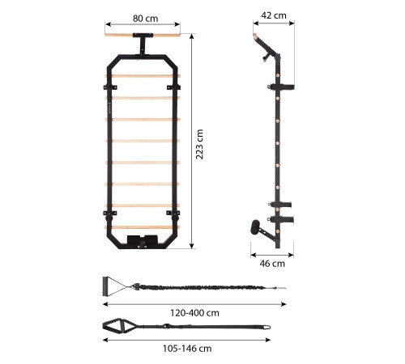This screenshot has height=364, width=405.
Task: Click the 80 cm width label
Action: pos(145,19)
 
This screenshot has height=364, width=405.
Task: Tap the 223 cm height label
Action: pos(199,144)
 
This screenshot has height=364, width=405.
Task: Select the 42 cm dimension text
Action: pos(274,15)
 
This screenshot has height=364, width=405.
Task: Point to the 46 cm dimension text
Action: pos(272,264)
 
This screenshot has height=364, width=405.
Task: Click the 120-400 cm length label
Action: pos(194,313)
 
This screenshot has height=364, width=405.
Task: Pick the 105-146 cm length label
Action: pos(187,349)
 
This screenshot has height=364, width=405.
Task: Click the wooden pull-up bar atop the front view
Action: pos(143,35)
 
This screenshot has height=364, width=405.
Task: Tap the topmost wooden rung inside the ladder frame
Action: pos(143,76)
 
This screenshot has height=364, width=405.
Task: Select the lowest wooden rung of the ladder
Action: pos(143,227)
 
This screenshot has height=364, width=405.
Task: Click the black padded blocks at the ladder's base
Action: pos(143,239)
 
